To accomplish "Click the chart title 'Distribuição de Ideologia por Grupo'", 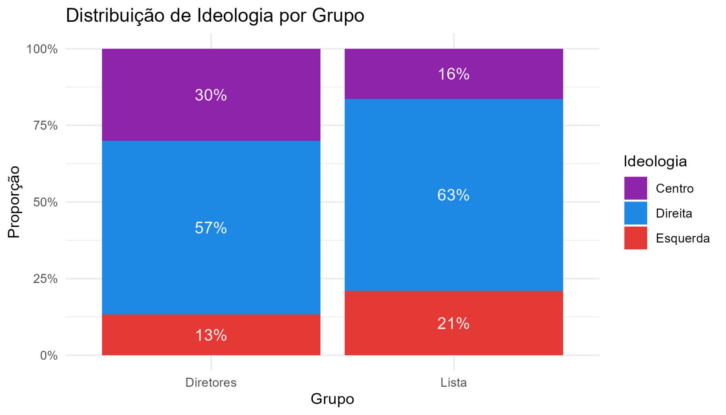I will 215,16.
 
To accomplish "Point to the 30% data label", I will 211,95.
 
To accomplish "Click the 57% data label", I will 211,228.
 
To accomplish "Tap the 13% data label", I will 211,335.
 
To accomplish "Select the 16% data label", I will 453,74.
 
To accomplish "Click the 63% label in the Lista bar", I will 453,195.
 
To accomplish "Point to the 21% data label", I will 453,323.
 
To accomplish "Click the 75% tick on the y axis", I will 45,126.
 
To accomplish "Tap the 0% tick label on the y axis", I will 49,355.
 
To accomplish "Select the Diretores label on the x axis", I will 211,382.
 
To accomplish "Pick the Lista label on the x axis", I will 453,382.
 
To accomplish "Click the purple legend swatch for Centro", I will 635,188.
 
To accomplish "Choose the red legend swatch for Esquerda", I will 635,238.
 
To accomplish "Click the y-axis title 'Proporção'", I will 14,202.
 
